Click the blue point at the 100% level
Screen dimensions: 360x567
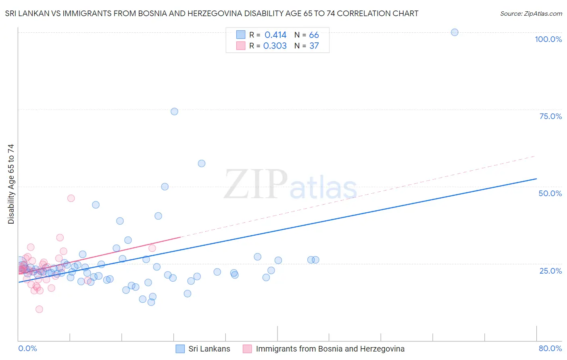[x=454, y=32]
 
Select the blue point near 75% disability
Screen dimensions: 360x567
[x=174, y=111]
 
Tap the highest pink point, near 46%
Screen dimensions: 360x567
[x=71, y=198]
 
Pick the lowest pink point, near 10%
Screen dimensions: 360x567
[x=39, y=309]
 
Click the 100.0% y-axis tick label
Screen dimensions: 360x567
[x=548, y=40]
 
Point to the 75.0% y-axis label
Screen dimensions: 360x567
[x=550, y=117]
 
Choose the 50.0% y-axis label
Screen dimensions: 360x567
[x=550, y=194]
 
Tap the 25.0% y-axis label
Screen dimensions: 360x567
[x=550, y=271]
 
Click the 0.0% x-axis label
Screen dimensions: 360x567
[x=27, y=349]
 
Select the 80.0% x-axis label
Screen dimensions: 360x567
[x=550, y=349]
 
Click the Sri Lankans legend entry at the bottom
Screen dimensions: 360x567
[x=209, y=349]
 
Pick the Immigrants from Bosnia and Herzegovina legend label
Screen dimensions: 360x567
[x=330, y=349]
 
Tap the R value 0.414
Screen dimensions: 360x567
[x=275, y=35]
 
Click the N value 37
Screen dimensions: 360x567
[x=314, y=46]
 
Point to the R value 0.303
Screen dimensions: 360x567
[x=275, y=46]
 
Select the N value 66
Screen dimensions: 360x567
[x=314, y=35]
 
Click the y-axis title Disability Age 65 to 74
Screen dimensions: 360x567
[x=11, y=184]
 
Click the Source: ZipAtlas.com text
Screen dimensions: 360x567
[x=531, y=14]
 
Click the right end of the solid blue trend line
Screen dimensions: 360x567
[x=536, y=179]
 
